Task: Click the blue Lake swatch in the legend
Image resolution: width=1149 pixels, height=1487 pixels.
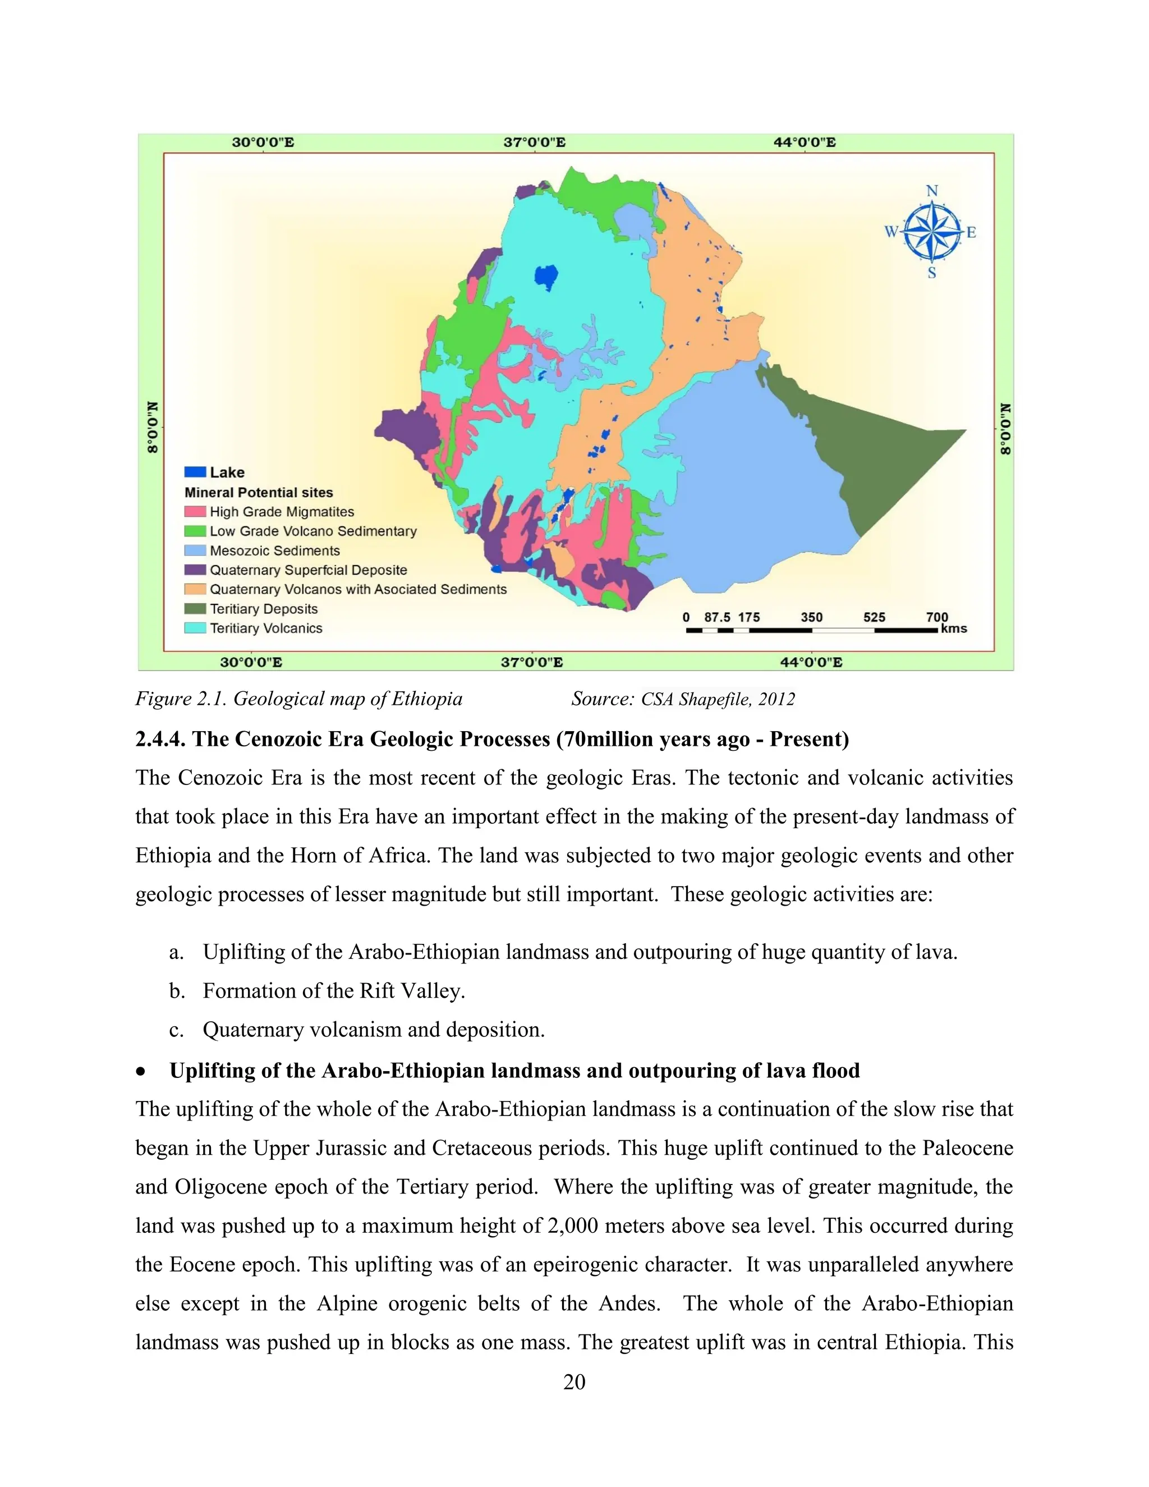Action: click(x=195, y=472)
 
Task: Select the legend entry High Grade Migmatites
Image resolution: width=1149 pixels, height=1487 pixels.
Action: click(x=281, y=511)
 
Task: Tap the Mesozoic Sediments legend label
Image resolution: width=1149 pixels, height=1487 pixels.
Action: click(x=274, y=550)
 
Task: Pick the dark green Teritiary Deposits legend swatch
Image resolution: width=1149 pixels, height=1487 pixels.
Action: click(x=195, y=609)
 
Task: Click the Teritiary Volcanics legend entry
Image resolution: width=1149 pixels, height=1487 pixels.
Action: click(x=265, y=628)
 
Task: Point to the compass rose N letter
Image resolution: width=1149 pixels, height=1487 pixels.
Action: click(x=932, y=191)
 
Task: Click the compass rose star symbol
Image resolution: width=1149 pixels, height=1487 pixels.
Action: click(x=932, y=232)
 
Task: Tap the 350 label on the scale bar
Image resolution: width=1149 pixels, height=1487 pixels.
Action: click(x=811, y=617)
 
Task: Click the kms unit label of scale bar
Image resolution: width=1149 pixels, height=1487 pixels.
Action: click(x=954, y=628)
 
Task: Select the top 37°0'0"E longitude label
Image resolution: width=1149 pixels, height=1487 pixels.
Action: click(x=534, y=143)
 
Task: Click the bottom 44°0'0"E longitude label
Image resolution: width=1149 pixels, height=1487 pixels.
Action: click(x=811, y=662)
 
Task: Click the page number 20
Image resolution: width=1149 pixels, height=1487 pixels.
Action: click(x=574, y=1382)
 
